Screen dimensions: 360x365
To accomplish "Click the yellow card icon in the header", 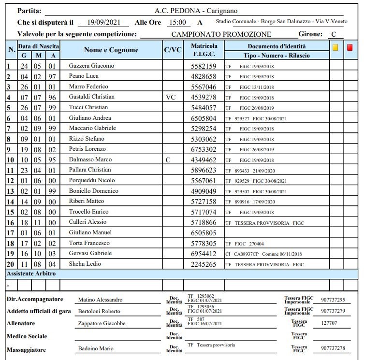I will [336, 48].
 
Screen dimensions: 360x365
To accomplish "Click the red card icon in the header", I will [350, 48].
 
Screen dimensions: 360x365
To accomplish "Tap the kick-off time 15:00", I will [177, 22].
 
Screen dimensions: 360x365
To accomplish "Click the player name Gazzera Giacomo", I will [91, 66].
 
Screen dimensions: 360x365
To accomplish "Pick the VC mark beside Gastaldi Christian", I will [170, 97].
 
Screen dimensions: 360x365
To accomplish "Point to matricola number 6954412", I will [204, 254].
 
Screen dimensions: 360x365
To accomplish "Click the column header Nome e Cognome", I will [111, 50].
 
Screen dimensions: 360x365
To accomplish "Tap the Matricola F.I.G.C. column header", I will [204, 50].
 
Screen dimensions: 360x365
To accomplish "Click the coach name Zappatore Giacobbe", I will [102, 324].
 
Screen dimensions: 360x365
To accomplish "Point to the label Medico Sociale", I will [27, 336].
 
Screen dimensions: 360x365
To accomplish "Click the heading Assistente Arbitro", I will [31, 274].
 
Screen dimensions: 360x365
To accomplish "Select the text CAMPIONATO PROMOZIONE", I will [221, 34].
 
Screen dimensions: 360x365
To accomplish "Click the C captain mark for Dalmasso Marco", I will [168, 160].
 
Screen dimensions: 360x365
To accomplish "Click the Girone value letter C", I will [334, 34].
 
